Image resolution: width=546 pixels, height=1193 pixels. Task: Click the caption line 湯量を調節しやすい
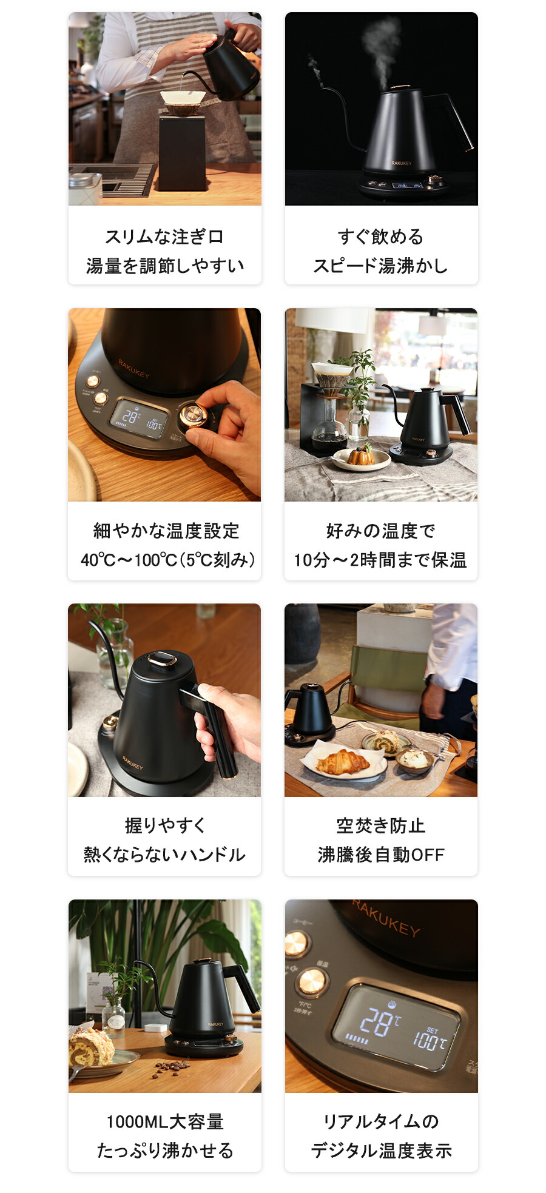164,266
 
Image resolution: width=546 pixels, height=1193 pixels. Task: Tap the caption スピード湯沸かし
380,266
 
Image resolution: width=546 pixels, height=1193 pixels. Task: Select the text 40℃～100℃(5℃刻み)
167,559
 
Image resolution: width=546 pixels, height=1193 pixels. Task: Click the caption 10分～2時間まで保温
380,559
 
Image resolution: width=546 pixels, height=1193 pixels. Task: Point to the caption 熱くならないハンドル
164,855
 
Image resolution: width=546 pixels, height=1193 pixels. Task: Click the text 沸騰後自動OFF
380,855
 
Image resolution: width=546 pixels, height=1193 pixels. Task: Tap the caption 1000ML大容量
164,1121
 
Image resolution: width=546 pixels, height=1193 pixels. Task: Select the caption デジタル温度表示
380,1151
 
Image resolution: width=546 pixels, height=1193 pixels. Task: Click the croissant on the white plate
342,761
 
